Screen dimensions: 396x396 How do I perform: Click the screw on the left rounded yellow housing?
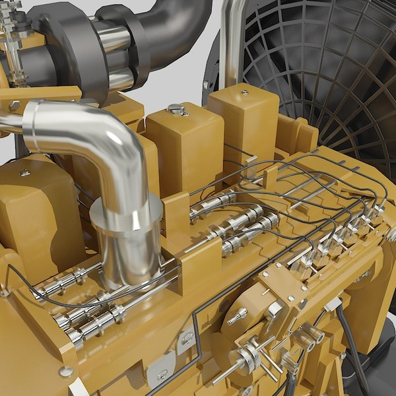(x=24, y=173)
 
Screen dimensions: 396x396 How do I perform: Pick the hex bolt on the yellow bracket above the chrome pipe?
(x=15, y=105)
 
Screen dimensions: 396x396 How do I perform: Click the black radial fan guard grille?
(x=317, y=73)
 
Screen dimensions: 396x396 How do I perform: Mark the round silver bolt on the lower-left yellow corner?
(x=65, y=372)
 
